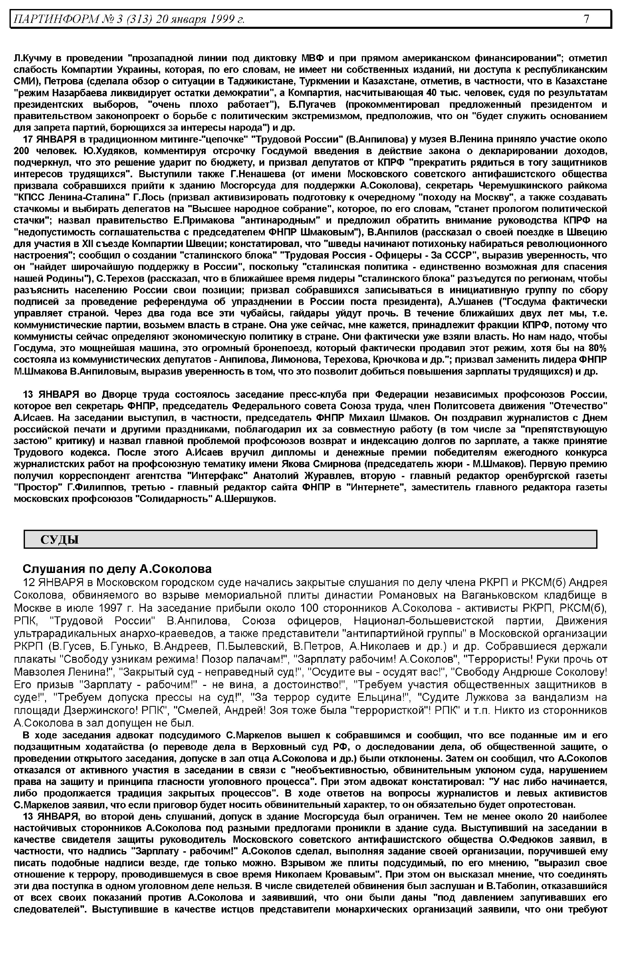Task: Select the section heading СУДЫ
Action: tap(59, 540)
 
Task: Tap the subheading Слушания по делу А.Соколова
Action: tap(117, 569)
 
